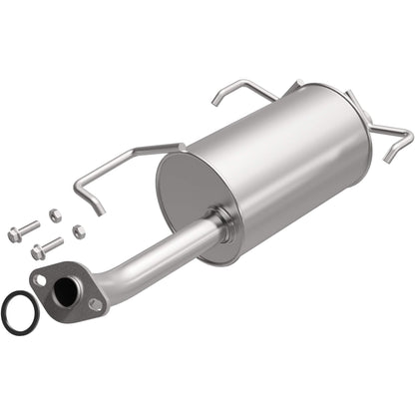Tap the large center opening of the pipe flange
(x=67, y=291)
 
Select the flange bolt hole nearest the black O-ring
(x=39, y=281)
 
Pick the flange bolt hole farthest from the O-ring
(x=95, y=305)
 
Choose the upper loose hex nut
(x=55, y=213)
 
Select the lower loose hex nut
(x=78, y=230)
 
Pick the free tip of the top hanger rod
(x=214, y=102)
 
